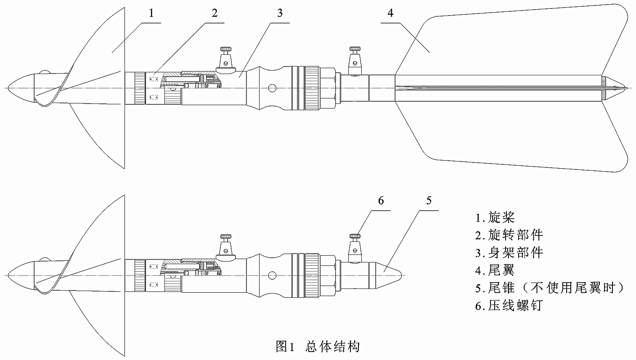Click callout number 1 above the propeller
click(x=151, y=13)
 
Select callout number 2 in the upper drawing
click(x=215, y=13)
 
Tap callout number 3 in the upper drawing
click(x=280, y=13)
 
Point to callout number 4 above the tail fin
click(x=390, y=13)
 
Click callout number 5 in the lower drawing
click(x=429, y=200)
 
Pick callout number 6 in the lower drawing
click(x=381, y=200)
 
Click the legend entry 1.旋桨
click(x=495, y=217)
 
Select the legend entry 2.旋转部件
click(x=509, y=235)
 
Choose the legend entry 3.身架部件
click(x=509, y=252)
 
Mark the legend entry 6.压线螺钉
click(x=509, y=305)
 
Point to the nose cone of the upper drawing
click(x=21, y=87)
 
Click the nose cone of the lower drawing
click(x=21, y=275)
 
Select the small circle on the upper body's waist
click(x=273, y=88)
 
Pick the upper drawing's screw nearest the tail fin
click(x=355, y=58)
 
